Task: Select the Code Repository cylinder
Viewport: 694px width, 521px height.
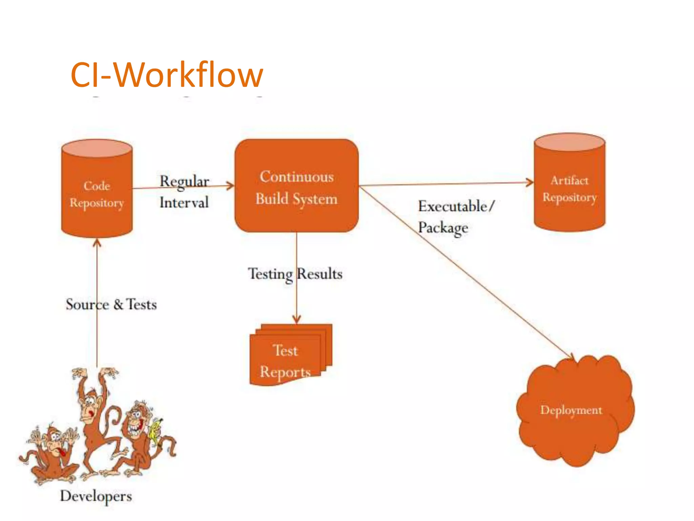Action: tap(97, 190)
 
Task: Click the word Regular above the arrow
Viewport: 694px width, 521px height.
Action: tap(184, 181)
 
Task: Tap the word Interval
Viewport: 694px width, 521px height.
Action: tap(184, 203)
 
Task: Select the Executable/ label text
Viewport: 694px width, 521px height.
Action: tap(456, 206)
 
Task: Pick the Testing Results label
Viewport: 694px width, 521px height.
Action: tap(295, 274)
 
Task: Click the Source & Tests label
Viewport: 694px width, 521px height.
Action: tap(111, 304)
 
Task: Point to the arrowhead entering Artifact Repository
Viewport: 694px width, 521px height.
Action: tap(530, 182)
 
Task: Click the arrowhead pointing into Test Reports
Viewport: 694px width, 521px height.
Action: tap(297, 320)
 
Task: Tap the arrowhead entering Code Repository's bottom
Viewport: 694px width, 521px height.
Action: tap(97, 242)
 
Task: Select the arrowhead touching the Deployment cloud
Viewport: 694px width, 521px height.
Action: tap(571, 358)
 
